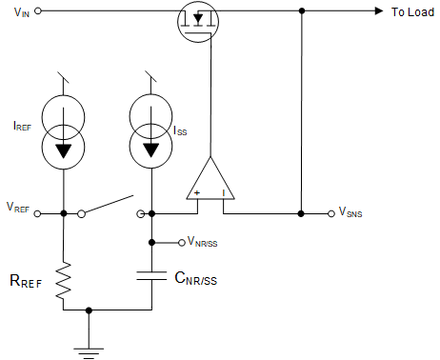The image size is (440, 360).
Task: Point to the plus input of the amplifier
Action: tap(197, 192)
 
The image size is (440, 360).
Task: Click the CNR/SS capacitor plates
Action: tap(151, 276)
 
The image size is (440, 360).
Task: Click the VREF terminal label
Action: tap(18, 208)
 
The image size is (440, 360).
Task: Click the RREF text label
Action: tap(26, 282)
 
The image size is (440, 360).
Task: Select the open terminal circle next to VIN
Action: tap(40, 12)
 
